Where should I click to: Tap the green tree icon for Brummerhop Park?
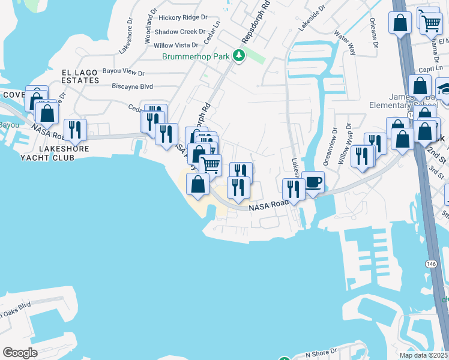coord(240,56)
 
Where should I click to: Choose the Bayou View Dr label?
coord(124,73)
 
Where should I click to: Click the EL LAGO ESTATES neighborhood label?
coord(80,76)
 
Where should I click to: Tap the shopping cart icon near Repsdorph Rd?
coord(210,164)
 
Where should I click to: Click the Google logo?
coord(20,353)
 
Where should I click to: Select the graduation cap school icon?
coord(445,89)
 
